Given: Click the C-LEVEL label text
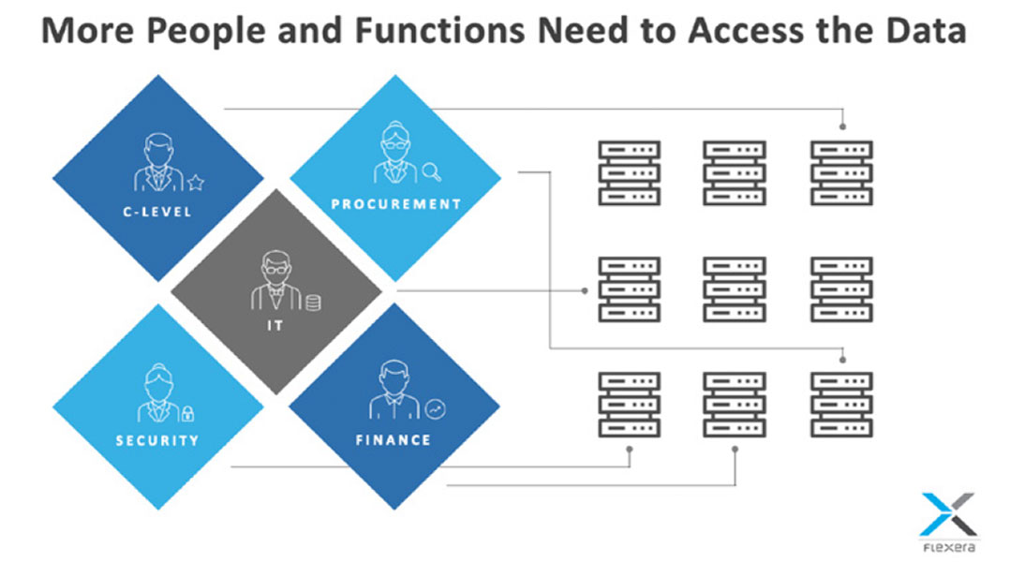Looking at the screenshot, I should click(157, 212).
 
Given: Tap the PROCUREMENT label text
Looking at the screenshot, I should click(395, 203).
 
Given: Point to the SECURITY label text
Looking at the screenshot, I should click(157, 440).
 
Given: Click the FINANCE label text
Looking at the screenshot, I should click(394, 439).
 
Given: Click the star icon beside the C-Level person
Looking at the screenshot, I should click(195, 182).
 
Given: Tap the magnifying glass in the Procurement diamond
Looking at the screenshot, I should click(431, 171).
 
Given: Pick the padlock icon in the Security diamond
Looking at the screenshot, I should click(187, 412).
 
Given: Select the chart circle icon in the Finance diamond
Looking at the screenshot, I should click(435, 408).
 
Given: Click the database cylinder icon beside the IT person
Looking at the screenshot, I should click(312, 302).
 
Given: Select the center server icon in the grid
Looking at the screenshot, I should click(735, 288).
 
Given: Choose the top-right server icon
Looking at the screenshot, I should click(841, 172).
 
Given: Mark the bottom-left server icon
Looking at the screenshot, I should click(629, 404).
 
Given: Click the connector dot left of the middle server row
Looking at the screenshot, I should click(586, 289).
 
